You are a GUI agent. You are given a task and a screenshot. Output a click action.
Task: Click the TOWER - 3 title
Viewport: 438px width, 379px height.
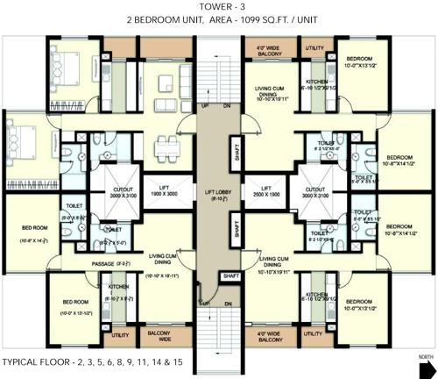click(217, 7)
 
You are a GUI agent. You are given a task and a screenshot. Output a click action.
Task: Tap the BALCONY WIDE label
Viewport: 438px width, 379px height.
click(158, 334)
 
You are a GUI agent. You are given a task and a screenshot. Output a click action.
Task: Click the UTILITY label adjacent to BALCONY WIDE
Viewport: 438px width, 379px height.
click(119, 334)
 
